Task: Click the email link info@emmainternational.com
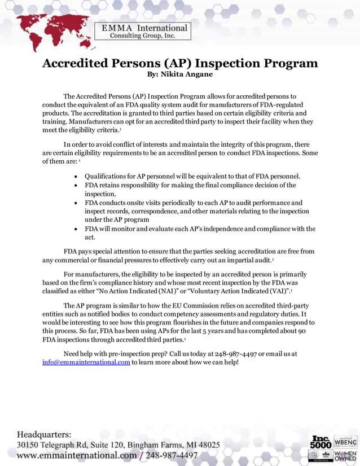(x=86, y=362)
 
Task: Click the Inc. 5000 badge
(x=321, y=441)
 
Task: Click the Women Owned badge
(x=346, y=455)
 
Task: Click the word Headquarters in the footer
(x=44, y=434)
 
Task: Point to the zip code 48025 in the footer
(x=207, y=445)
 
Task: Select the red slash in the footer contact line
(x=142, y=455)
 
